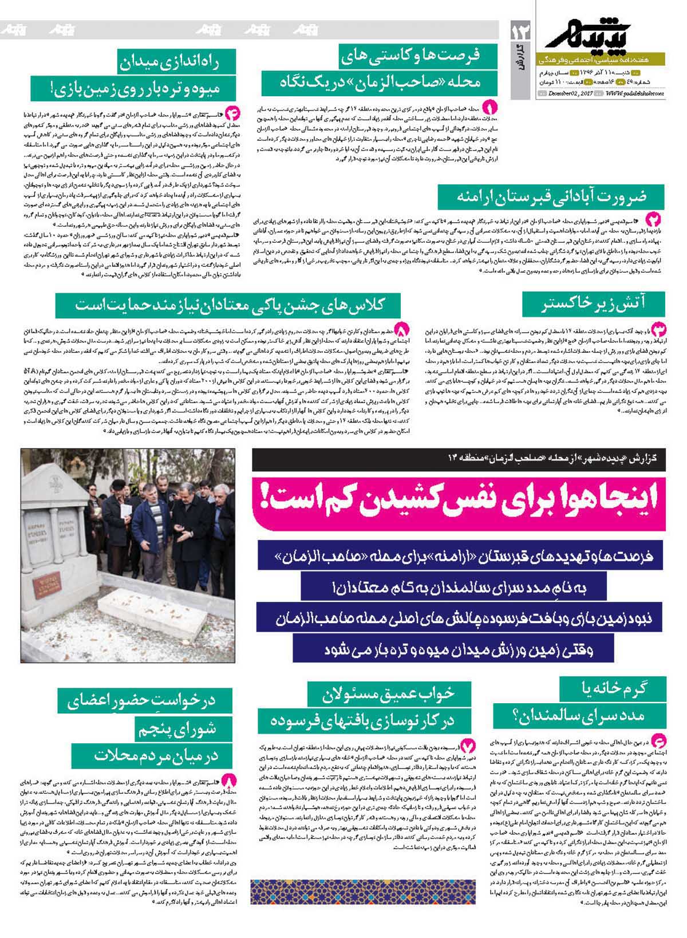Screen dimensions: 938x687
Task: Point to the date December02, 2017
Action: tap(571, 93)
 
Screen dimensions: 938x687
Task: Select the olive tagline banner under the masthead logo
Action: tap(601, 59)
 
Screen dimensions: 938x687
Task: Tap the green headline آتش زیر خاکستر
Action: tap(593, 304)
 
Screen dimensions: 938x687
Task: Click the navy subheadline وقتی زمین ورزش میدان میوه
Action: tap(453, 649)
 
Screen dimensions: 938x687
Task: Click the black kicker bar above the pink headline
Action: tap(458, 459)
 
